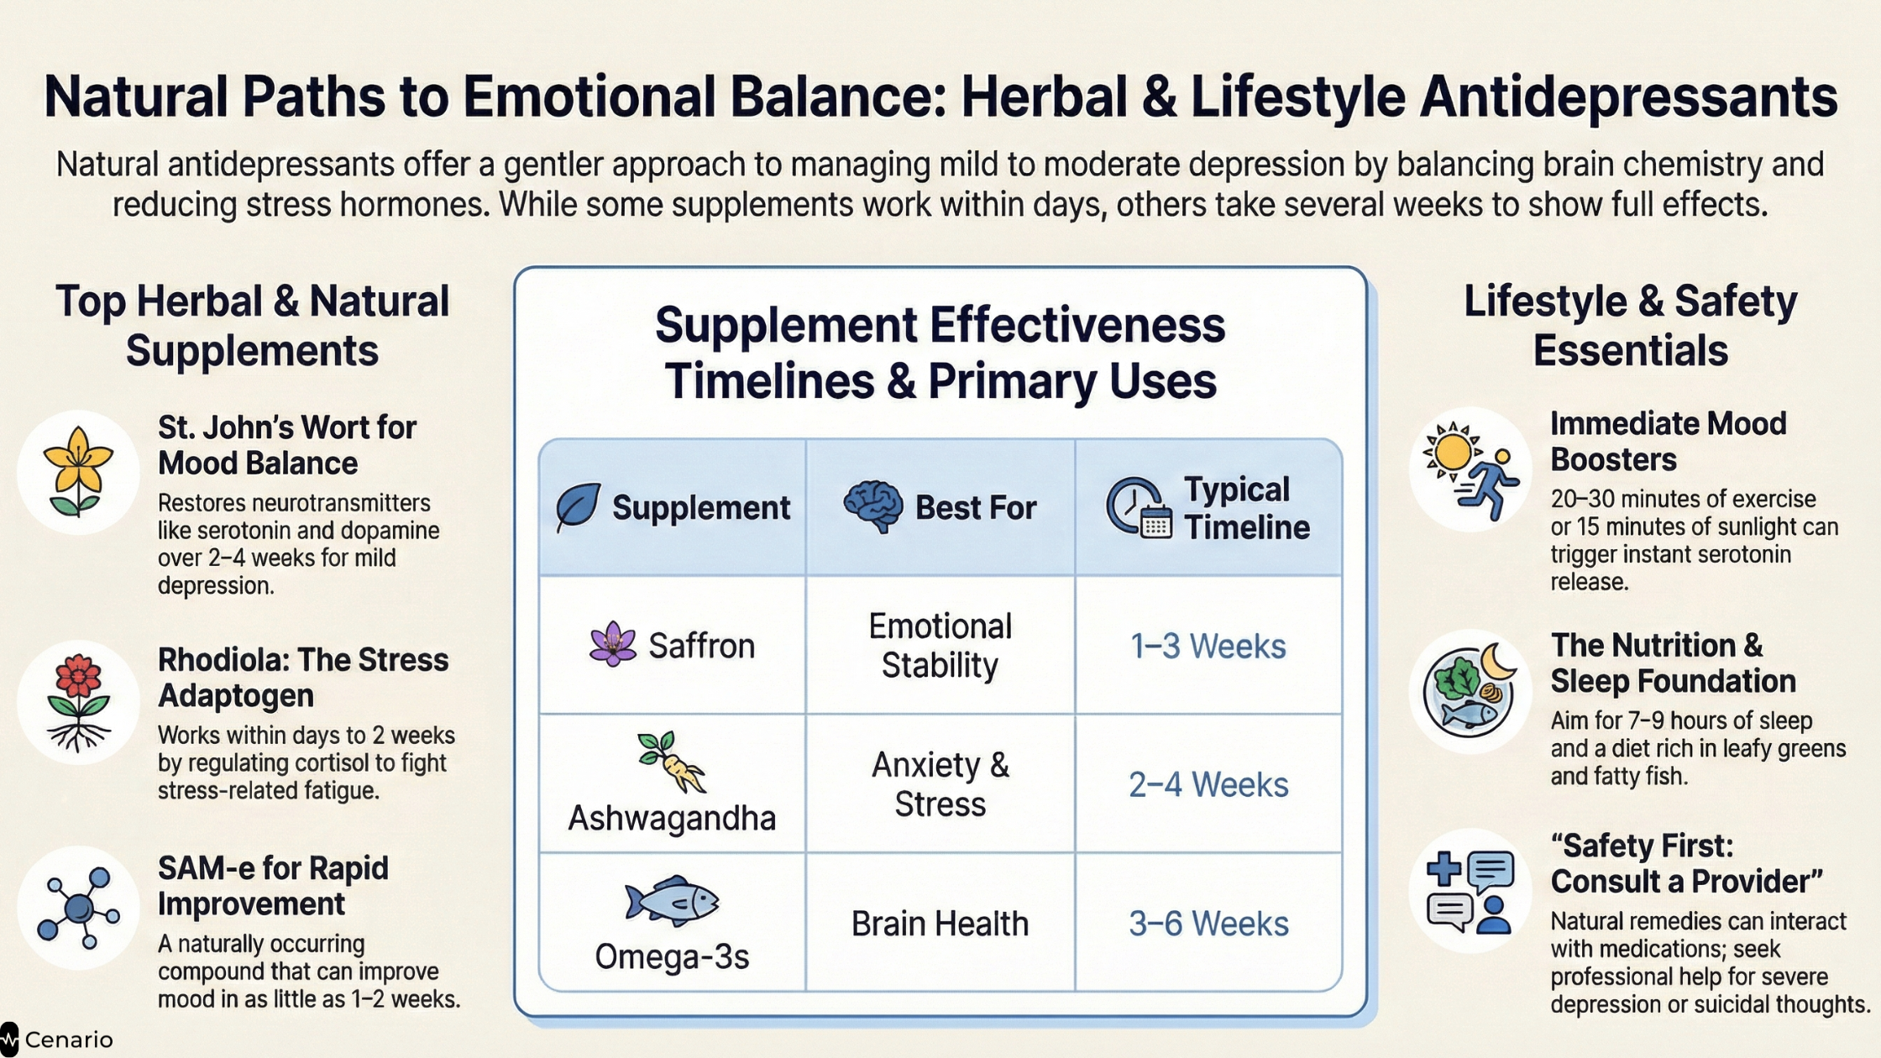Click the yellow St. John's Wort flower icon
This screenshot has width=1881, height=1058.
[x=78, y=472]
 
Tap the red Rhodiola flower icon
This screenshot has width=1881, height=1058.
[x=78, y=702]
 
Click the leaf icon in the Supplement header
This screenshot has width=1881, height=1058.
[x=578, y=507]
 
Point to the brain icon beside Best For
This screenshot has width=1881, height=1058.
[x=873, y=506]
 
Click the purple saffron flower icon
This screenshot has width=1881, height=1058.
[x=613, y=645]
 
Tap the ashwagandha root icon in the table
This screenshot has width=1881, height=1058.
[x=671, y=762]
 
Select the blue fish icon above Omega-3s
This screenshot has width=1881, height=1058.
[x=672, y=901]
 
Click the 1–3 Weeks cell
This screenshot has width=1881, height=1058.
[x=1208, y=646]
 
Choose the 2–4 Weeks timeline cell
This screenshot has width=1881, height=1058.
[x=1208, y=784]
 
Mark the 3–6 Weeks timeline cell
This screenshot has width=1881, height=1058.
[x=1208, y=923]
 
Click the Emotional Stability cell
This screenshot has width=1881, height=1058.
[x=940, y=646]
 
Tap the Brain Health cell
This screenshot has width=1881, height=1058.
[x=940, y=923]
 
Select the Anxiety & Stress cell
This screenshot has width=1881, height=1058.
[x=940, y=784]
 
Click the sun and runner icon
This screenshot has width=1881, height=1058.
[x=1470, y=470]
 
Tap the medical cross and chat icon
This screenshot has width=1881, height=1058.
[x=1470, y=892]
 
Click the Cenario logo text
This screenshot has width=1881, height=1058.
[x=69, y=1040]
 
